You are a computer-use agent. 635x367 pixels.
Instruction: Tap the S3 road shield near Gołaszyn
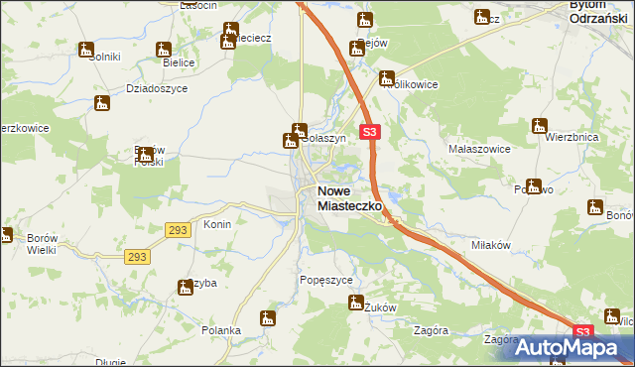(x=369, y=131)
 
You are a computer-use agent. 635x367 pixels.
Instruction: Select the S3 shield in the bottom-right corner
(x=582, y=332)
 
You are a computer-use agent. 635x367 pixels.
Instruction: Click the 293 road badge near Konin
(x=178, y=229)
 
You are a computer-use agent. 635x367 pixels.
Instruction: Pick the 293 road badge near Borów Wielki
(x=138, y=257)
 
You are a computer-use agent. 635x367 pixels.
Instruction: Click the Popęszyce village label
(x=326, y=281)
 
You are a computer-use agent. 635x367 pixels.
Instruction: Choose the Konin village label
(x=217, y=224)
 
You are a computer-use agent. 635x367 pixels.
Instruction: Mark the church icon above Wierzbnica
(x=540, y=125)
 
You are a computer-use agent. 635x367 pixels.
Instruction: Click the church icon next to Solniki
(x=86, y=49)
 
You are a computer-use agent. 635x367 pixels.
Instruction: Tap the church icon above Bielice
(x=164, y=49)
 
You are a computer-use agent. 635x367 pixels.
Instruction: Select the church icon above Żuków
(x=356, y=302)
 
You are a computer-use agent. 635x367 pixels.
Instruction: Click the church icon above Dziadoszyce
(x=102, y=102)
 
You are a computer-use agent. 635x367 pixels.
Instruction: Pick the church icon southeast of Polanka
(x=266, y=318)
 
